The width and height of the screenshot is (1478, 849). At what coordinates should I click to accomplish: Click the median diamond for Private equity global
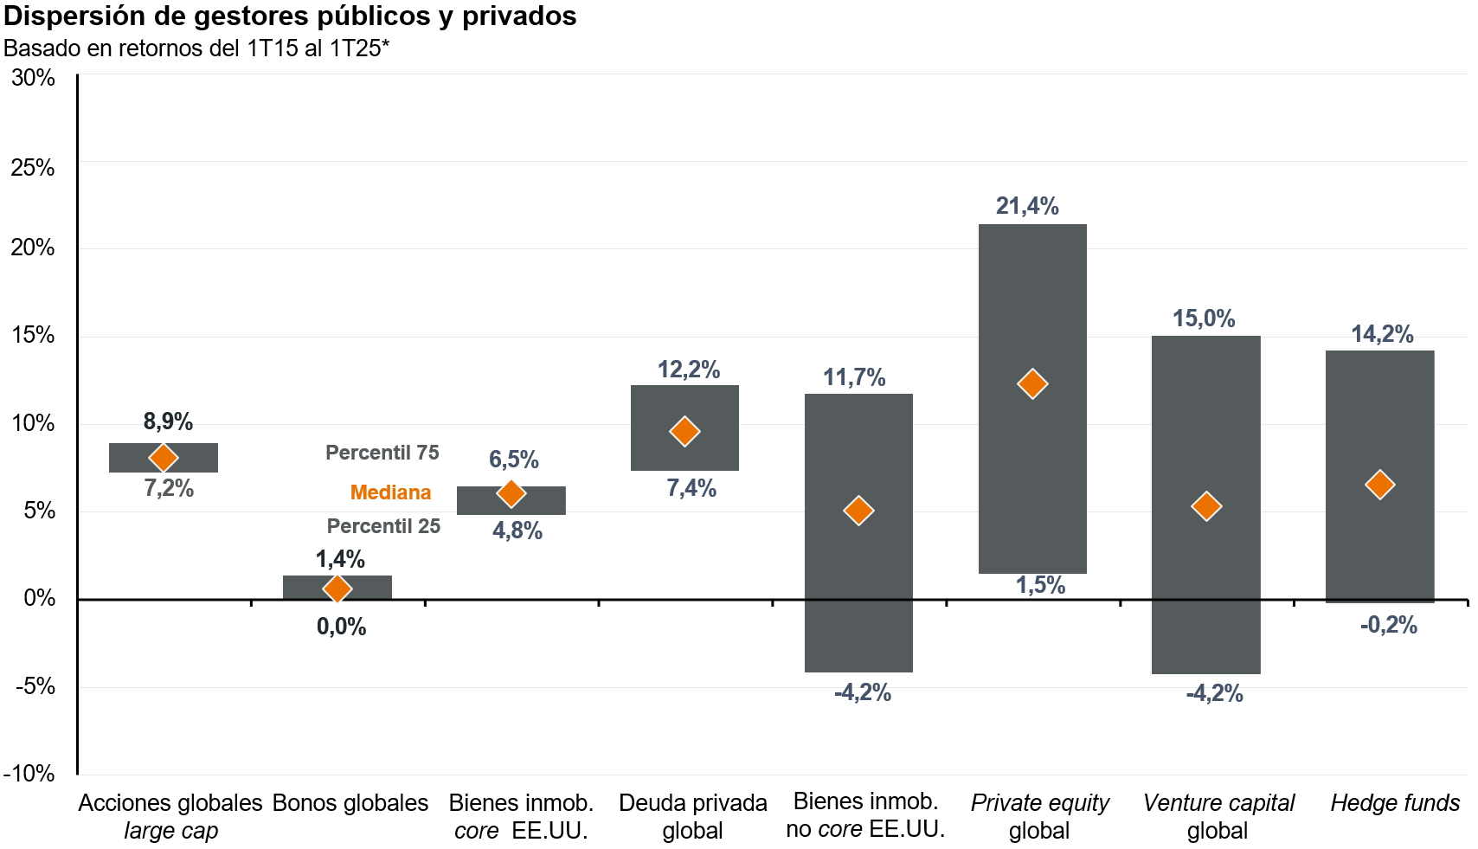click(1031, 383)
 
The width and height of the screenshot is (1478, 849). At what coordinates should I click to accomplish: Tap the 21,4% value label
click(1027, 206)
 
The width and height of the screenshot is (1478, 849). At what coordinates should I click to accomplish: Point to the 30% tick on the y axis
click(34, 78)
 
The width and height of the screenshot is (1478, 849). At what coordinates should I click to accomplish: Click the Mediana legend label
click(390, 492)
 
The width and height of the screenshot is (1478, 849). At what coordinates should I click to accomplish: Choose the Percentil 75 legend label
click(382, 453)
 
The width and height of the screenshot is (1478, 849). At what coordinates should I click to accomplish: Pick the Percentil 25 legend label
click(383, 526)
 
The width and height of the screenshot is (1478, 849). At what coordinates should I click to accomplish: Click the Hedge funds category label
click(1395, 803)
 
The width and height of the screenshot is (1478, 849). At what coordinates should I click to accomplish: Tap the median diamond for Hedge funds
click(1379, 484)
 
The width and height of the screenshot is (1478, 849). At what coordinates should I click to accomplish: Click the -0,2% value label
click(1389, 625)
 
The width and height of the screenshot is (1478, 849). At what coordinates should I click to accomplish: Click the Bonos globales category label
click(350, 803)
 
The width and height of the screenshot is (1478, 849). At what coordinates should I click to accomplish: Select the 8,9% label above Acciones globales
click(168, 421)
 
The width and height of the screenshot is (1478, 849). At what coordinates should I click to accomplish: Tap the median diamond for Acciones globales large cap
click(163, 458)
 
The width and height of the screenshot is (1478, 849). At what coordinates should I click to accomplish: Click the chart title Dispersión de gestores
click(291, 16)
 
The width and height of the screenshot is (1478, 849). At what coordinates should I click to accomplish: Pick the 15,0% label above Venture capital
click(1204, 318)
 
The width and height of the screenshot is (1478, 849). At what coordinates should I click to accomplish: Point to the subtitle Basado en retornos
click(196, 48)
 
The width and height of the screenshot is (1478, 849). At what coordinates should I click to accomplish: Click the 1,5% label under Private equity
click(1040, 585)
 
